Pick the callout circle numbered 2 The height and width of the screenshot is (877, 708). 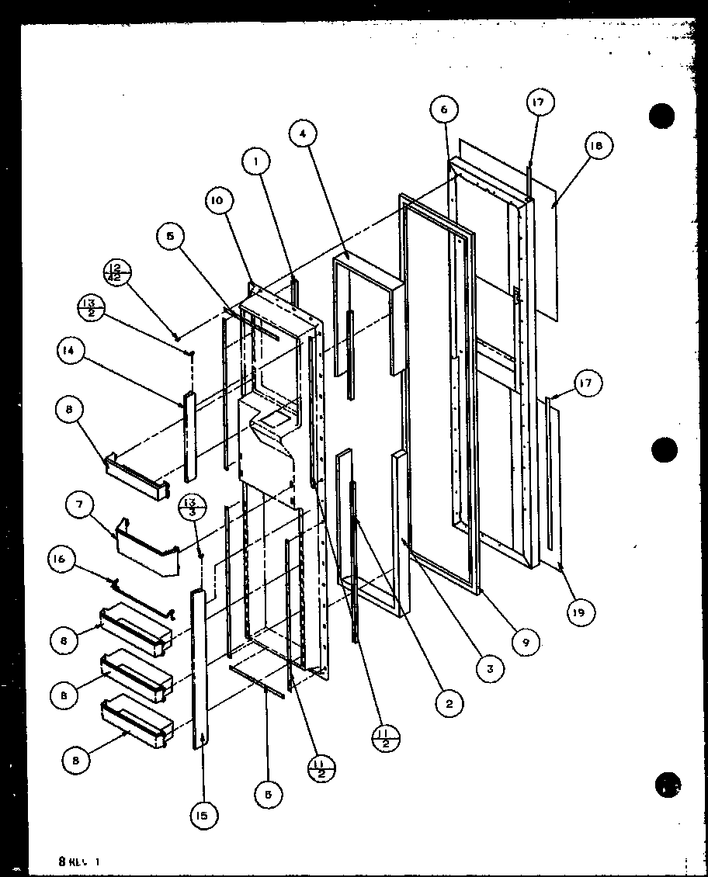click(449, 703)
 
